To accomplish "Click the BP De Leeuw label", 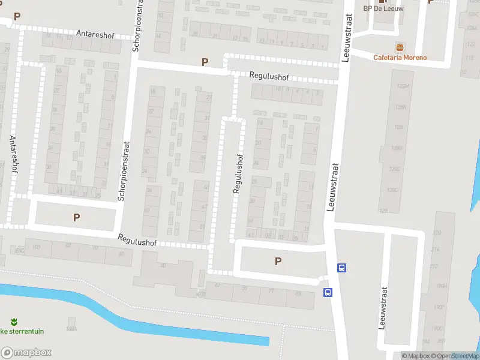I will (x=383, y=8).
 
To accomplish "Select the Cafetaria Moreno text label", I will (x=400, y=58).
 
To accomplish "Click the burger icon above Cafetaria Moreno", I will (x=400, y=47).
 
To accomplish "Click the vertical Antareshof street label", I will (x=13, y=154).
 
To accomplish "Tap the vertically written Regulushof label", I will (x=238, y=174).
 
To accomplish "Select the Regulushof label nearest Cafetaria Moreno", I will (x=269, y=77).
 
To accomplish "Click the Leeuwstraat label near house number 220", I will (x=382, y=307).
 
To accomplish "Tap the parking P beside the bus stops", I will (x=278, y=261).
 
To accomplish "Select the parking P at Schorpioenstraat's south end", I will (x=76, y=217).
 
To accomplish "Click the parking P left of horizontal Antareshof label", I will (x=17, y=17).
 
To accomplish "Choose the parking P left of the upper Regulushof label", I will (x=205, y=62).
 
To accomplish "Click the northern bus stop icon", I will (x=341, y=268).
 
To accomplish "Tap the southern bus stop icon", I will (x=328, y=292).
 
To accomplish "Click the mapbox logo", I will (x=26, y=353).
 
